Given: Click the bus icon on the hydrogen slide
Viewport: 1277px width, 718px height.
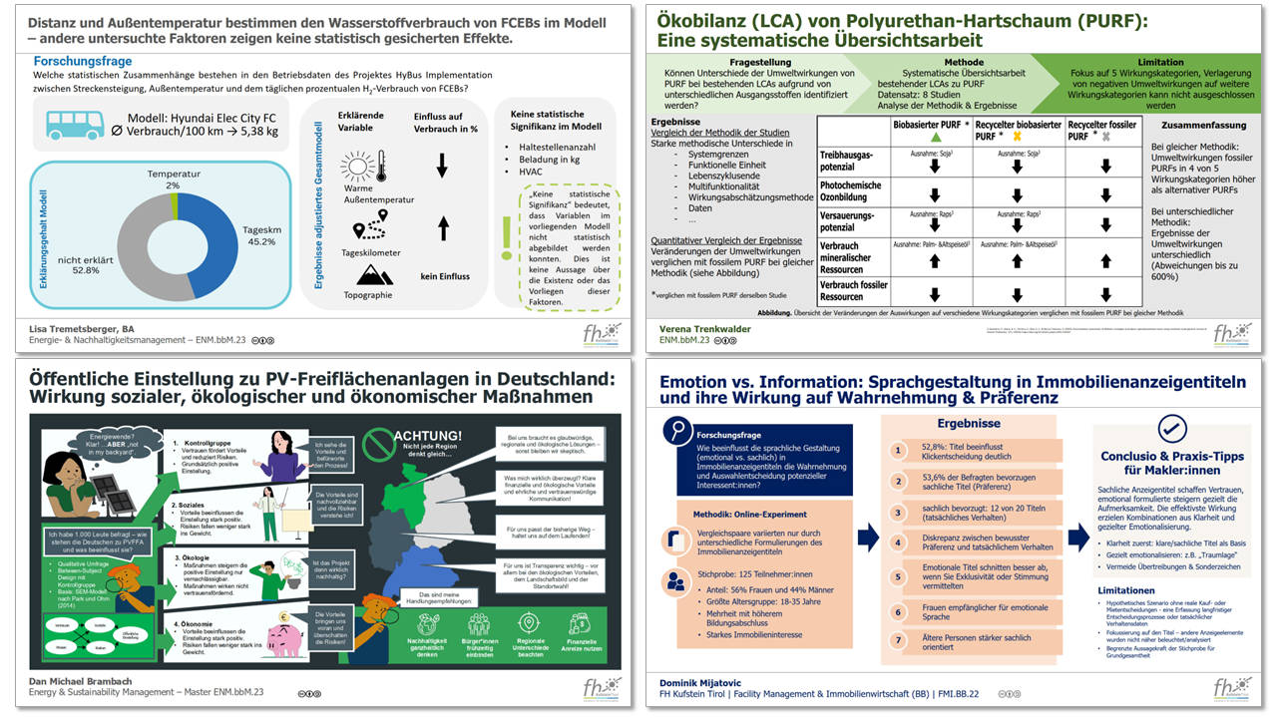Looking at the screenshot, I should pyautogui.click(x=75, y=125).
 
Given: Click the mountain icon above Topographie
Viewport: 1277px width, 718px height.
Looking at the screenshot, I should pyautogui.click(x=375, y=273).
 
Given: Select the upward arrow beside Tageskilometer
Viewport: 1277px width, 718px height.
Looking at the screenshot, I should pyautogui.click(x=442, y=228).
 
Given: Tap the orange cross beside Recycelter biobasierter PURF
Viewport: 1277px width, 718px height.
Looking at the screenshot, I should pyautogui.click(x=1015, y=136).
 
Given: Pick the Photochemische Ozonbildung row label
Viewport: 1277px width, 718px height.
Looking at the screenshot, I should pyautogui.click(x=851, y=191).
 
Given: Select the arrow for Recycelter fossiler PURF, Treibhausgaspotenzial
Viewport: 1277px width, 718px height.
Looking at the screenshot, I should pyautogui.click(x=1104, y=167).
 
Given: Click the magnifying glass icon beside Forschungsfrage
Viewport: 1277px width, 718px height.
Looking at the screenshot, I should pyautogui.click(x=679, y=430).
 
